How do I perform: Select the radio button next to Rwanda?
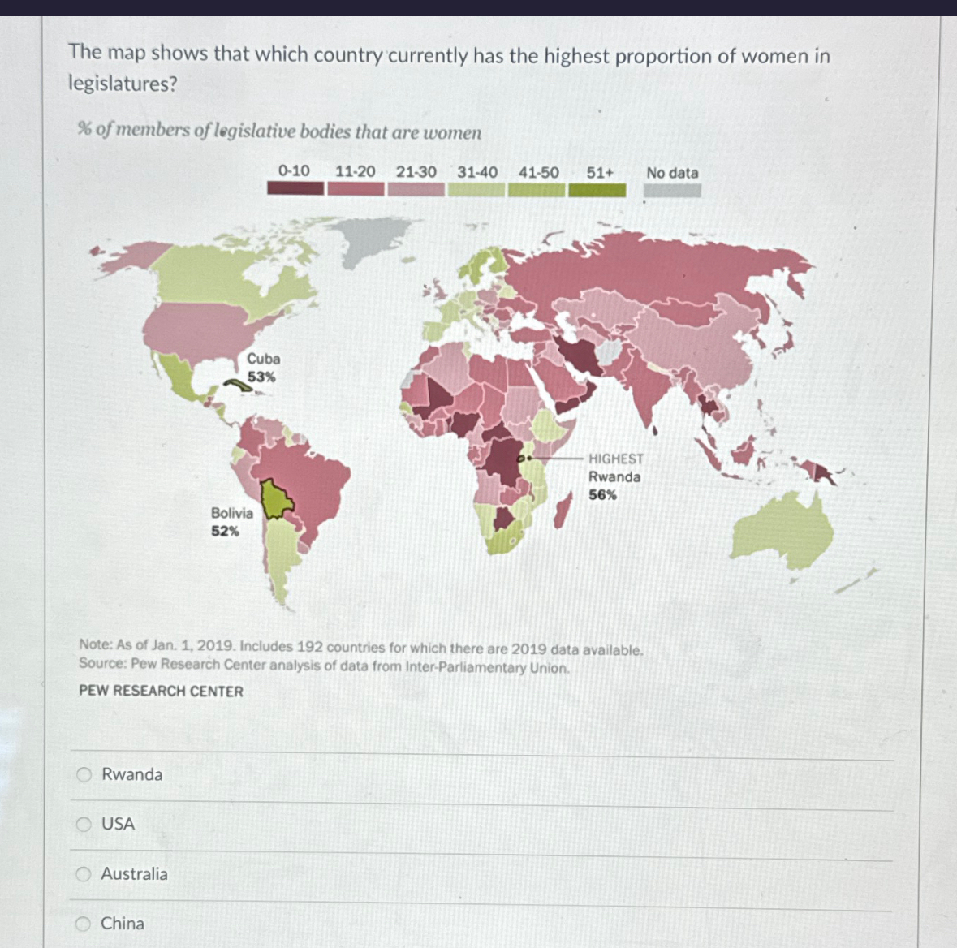pos(84,774)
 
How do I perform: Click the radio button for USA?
pos(84,825)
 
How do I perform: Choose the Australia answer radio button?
pos(83,874)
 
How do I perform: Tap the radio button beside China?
pos(83,924)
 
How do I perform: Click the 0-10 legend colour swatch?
pos(295,189)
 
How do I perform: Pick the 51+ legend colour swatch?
pos(597,191)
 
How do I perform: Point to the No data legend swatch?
pos(672,191)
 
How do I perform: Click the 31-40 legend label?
pos(476,172)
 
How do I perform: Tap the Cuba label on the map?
pos(264,359)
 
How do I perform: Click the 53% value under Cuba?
pos(261,377)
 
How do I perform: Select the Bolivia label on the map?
pos(231,513)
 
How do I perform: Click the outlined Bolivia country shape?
pos(276,500)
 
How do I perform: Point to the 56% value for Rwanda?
pos(602,494)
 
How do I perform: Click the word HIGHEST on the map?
pos(615,459)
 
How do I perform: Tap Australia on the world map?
pos(783,532)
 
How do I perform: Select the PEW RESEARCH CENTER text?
pos(161,692)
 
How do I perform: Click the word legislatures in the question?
pos(123,84)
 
